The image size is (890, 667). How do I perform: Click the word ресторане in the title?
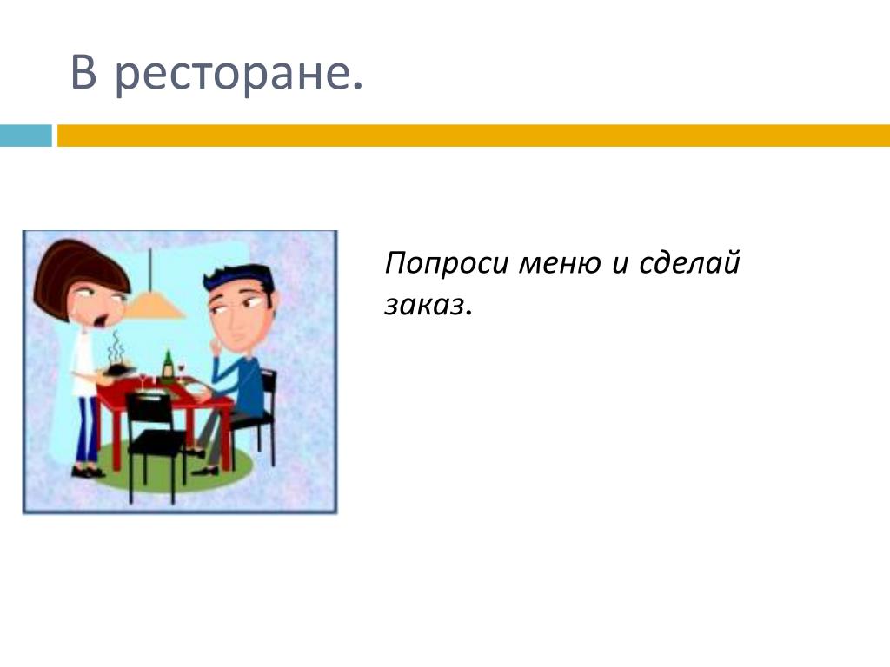[238, 75]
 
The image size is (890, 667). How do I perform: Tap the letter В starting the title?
[83, 71]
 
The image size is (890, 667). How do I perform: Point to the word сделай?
[689, 263]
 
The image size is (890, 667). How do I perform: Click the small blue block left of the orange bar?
[25, 135]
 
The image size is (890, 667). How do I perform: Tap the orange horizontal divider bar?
[474, 135]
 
